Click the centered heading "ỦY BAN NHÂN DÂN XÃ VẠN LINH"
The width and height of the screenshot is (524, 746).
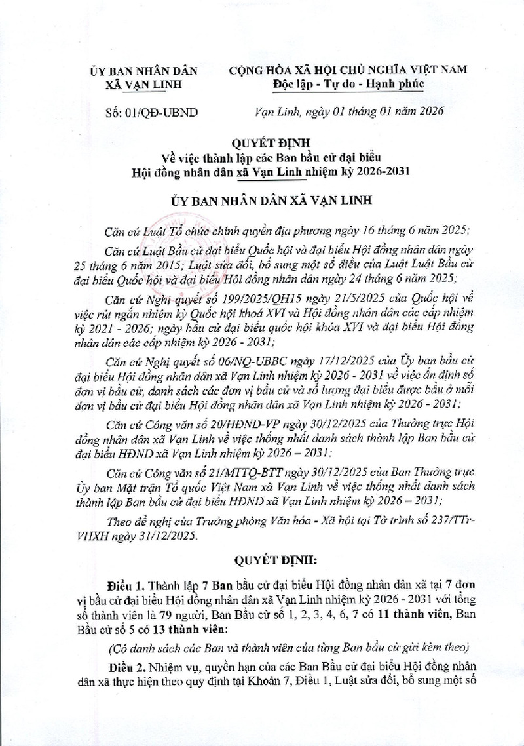click(x=261, y=201)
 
